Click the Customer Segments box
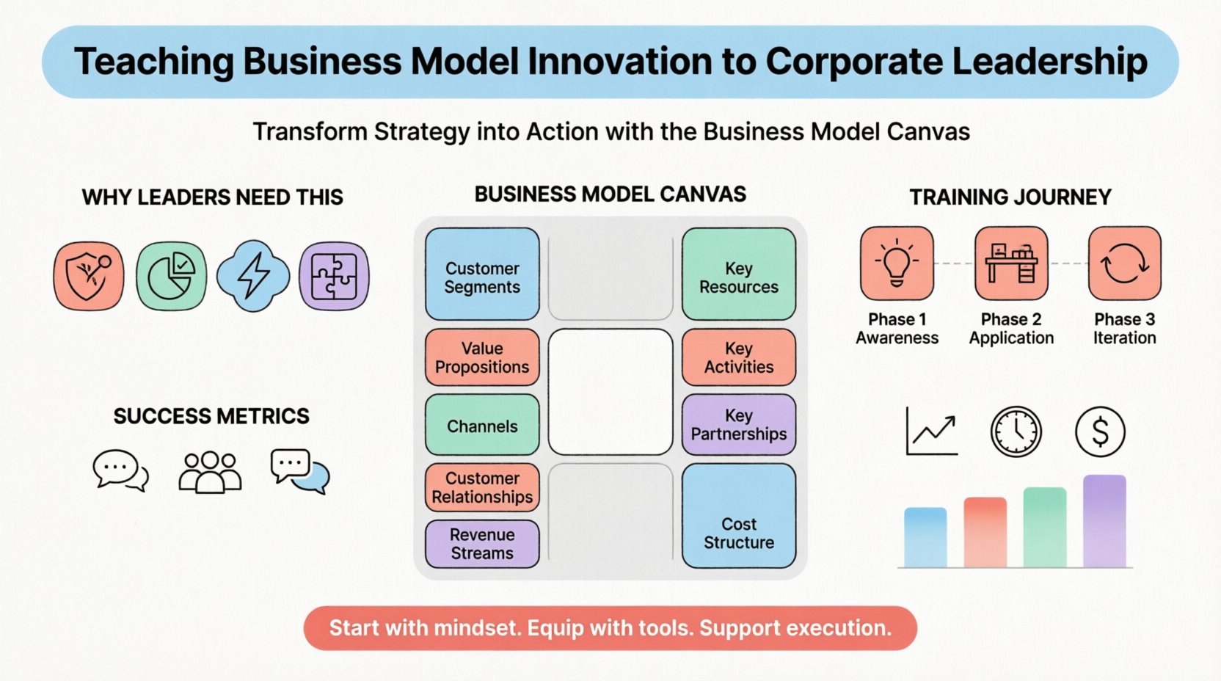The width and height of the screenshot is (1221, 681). point(482,274)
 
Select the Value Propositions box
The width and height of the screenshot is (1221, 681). point(482,357)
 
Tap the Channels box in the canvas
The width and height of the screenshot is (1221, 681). point(482,426)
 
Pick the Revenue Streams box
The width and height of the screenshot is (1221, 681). point(482,544)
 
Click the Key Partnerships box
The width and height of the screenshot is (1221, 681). point(739,425)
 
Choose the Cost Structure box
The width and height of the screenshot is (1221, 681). point(739,516)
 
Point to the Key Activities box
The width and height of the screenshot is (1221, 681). point(739,357)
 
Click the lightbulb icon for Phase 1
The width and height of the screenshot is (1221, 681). point(897,263)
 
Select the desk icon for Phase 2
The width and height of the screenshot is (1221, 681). point(1011,263)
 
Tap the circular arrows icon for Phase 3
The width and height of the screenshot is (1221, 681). point(1124,263)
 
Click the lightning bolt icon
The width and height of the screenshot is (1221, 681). point(253,276)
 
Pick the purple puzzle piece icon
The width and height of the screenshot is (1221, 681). point(334,276)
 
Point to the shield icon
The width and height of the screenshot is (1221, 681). point(89,276)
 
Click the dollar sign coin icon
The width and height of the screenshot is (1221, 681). point(1100,431)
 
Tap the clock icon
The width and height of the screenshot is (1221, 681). point(1016,431)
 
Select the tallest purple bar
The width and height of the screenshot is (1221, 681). point(1104,521)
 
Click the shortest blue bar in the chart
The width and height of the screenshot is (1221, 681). point(925,537)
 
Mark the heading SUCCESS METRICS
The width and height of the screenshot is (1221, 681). point(211,416)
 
